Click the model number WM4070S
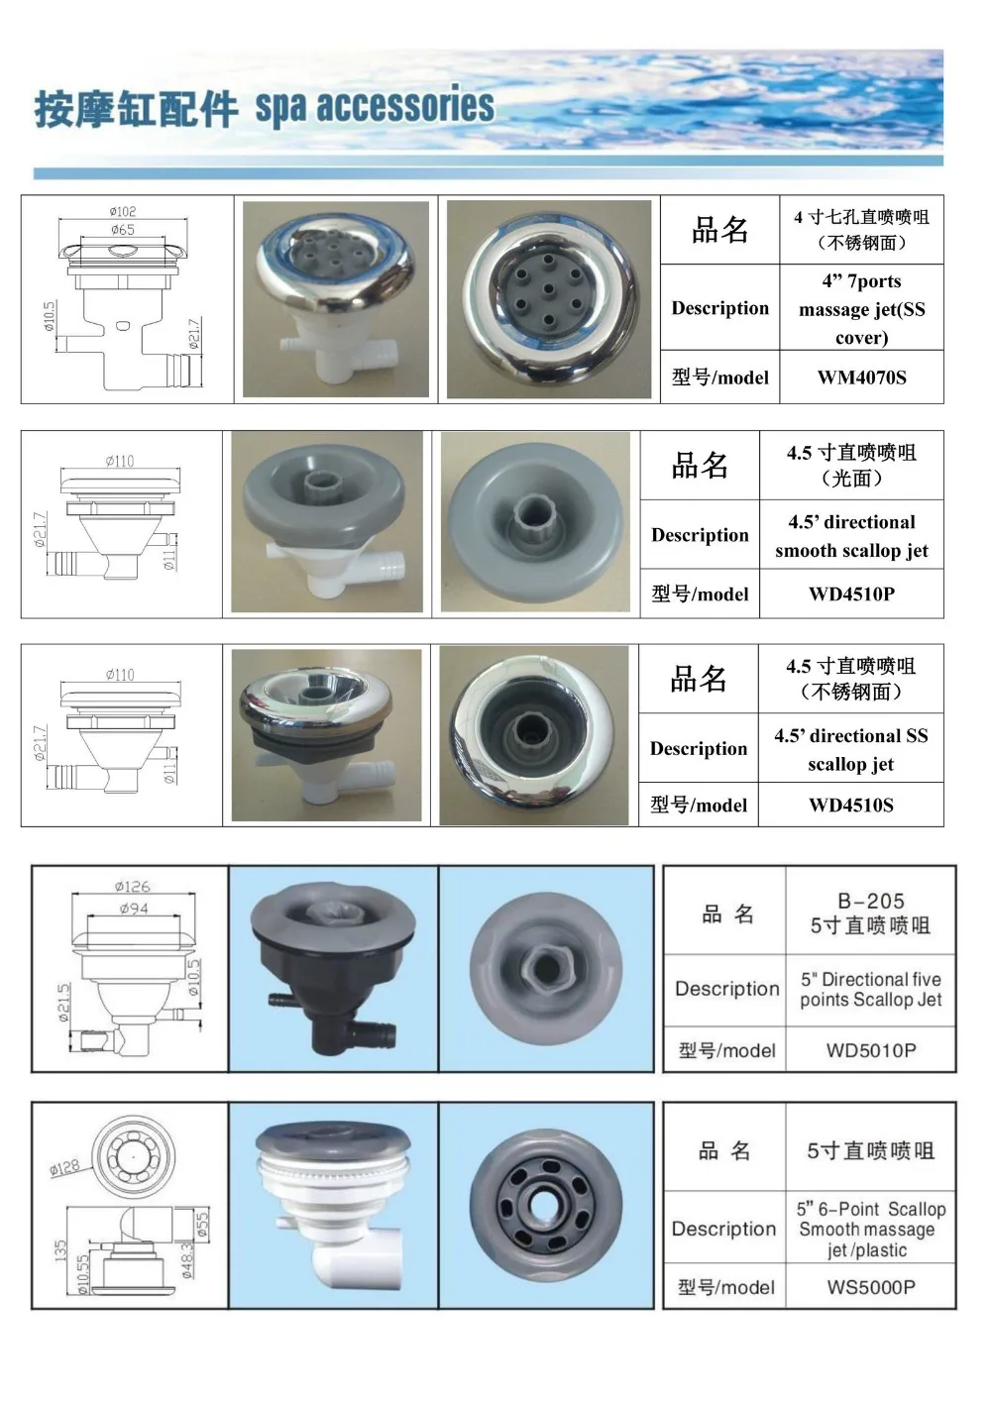[861, 377]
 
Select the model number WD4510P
[851, 594]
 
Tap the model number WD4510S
[850, 806]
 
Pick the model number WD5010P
[870, 1050]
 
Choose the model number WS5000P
[870, 1287]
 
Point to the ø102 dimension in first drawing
[123, 211]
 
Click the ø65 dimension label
[123, 230]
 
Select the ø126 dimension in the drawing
[132, 886]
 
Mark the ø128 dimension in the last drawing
[65, 1167]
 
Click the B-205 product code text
[870, 902]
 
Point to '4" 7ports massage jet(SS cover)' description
[861, 309]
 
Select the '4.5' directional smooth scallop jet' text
[851, 536]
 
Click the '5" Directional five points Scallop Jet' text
[870, 990]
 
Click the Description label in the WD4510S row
[699, 749]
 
